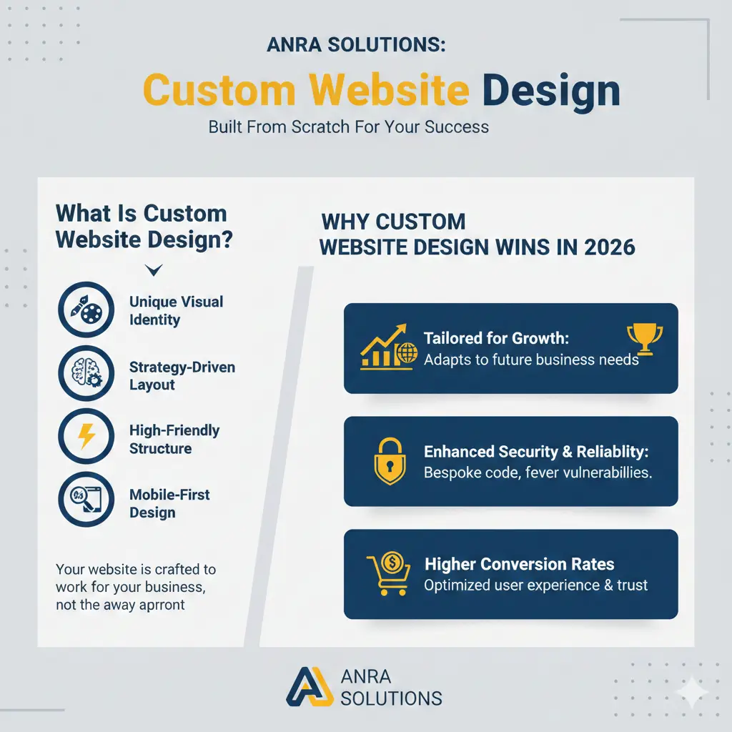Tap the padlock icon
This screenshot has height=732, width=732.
390,461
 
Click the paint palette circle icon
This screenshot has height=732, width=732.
85,310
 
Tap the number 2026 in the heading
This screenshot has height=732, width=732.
609,247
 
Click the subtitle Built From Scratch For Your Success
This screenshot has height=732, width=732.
349,127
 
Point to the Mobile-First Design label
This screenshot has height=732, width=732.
169,503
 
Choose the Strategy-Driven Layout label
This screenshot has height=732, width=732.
182,376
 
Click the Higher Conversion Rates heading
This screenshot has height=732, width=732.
519,565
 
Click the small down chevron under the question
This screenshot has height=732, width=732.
154,269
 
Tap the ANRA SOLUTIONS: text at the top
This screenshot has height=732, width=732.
356,44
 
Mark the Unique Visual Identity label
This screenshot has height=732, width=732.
176,311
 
